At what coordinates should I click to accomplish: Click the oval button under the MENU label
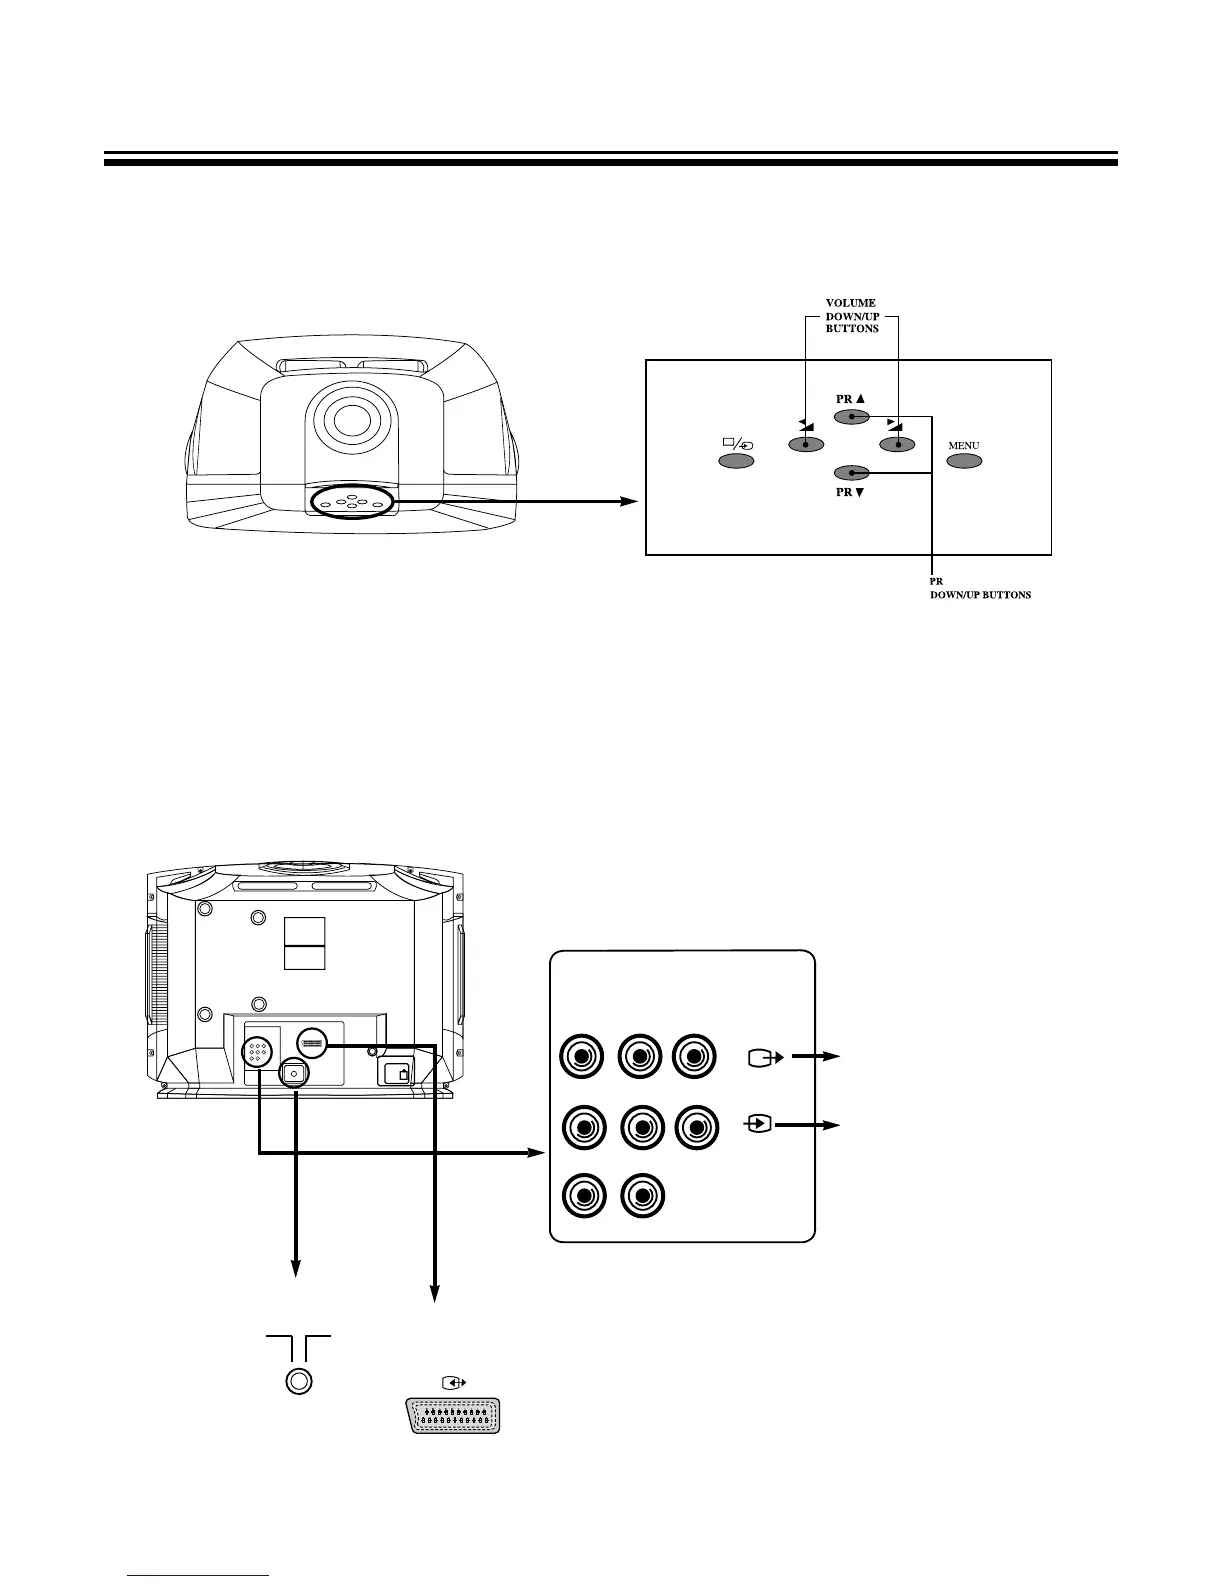(x=964, y=461)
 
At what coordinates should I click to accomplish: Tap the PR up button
(x=851, y=417)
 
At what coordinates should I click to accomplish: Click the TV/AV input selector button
(x=736, y=461)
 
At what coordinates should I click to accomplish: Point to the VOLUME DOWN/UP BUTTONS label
(x=852, y=316)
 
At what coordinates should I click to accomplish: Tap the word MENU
(x=963, y=445)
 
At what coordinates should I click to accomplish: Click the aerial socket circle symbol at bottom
(x=298, y=1381)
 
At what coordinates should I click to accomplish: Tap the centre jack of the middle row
(x=641, y=1127)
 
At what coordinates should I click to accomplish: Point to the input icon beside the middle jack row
(x=760, y=1125)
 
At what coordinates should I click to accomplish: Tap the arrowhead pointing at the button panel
(x=629, y=501)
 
